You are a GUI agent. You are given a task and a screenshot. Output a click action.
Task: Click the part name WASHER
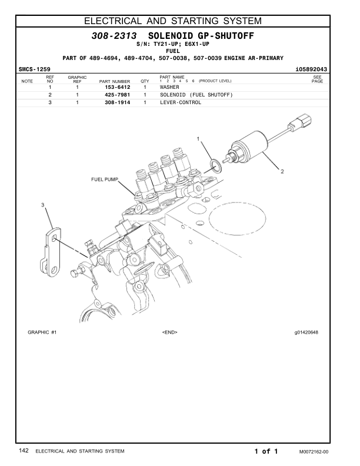pyautogui.click(x=169, y=87)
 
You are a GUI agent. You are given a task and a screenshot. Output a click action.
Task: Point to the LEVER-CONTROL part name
pyautogui.click(x=181, y=102)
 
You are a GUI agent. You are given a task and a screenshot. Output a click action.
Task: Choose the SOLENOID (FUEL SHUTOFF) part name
pyautogui.click(x=196, y=95)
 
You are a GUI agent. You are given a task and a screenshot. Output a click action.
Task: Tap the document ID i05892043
pyautogui.click(x=311, y=69)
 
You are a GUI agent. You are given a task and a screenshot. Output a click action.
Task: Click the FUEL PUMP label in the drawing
pyautogui.click(x=105, y=179)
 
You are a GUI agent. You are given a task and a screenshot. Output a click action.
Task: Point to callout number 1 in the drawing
pyautogui.click(x=198, y=139)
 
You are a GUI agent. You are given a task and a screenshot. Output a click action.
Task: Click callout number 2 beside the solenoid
pyautogui.click(x=282, y=172)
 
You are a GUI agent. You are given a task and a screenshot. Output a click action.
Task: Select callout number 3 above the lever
pyautogui.click(x=42, y=204)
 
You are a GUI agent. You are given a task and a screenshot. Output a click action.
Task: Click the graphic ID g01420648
pyautogui.click(x=306, y=332)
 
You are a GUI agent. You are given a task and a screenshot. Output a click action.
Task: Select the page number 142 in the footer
pyautogui.click(x=24, y=451)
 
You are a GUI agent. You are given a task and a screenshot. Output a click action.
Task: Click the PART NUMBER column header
pyautogui.click(x=114, y=81)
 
